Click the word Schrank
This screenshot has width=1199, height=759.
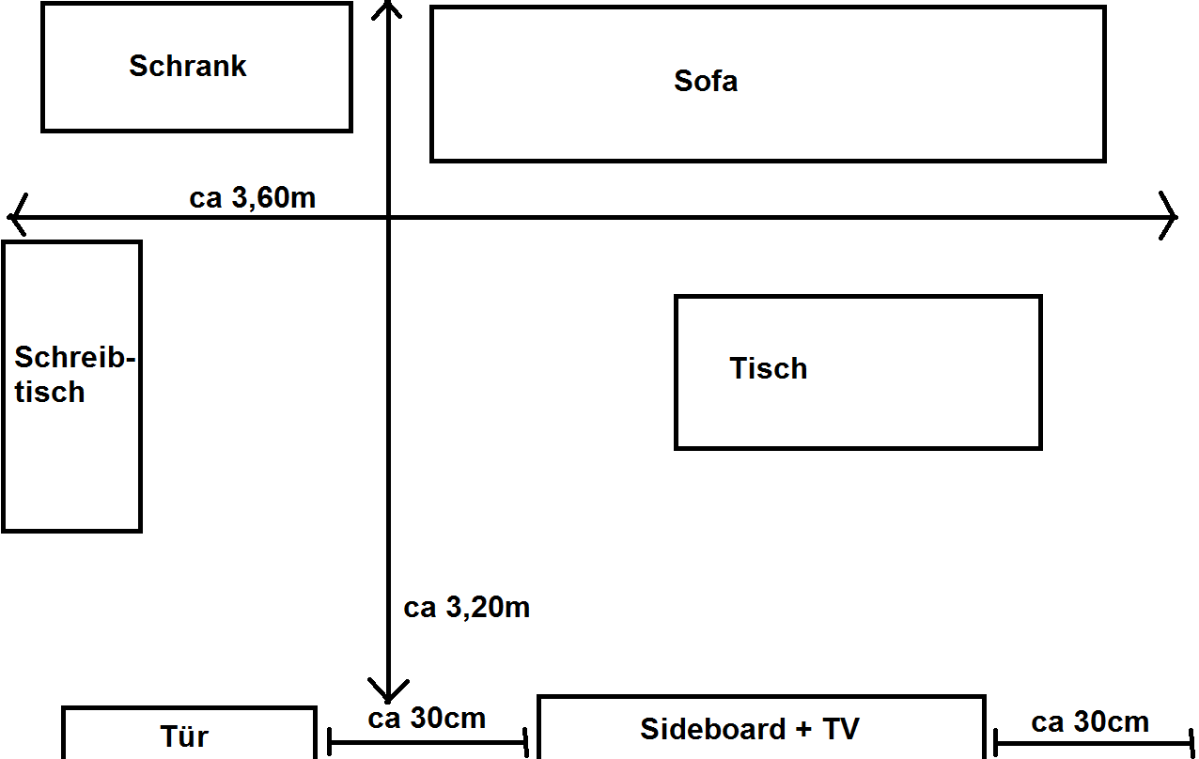(187, 66)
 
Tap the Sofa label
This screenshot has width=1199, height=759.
(706, 81)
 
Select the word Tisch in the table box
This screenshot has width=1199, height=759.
(768, 368)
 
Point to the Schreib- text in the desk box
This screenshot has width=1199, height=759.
(74, 356)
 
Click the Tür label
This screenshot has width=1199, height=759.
(184, 736)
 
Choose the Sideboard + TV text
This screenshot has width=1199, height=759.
(750, 729)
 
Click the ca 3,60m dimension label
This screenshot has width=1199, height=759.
(253, 197)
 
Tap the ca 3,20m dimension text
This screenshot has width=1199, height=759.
(467, 608)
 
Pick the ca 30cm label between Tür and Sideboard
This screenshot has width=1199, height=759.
(427, 718)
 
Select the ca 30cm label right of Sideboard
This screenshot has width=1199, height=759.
(1090, 722)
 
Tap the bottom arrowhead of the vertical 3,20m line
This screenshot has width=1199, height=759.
(388, 701)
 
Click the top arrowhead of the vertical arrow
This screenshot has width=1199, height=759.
(387, 2)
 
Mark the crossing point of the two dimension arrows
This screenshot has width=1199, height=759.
(388, 217)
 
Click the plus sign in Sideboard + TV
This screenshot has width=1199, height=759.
(803, 730)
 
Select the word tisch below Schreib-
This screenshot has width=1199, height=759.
(50, 392)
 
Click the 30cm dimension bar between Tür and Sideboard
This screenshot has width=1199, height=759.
(428, 742)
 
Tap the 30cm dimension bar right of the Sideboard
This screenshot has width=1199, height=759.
(1094, 743)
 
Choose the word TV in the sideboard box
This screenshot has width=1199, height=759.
(841, 729)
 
